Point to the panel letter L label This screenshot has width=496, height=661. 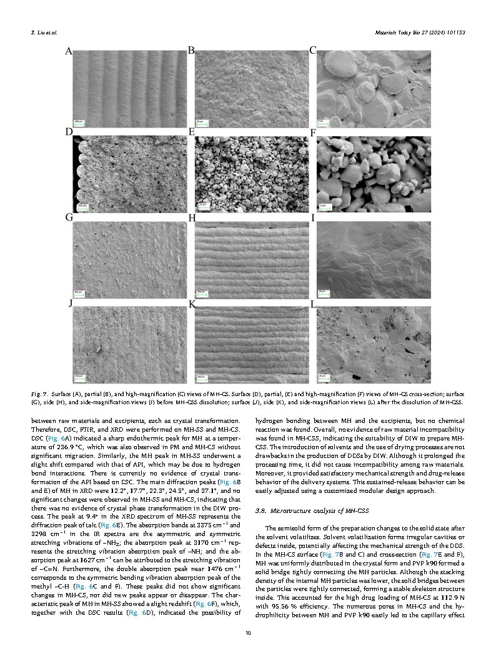click(314, 303)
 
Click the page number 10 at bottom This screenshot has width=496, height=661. click(248, 634)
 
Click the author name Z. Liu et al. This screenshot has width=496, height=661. click(40, 32)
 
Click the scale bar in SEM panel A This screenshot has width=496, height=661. click(79, 121)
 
